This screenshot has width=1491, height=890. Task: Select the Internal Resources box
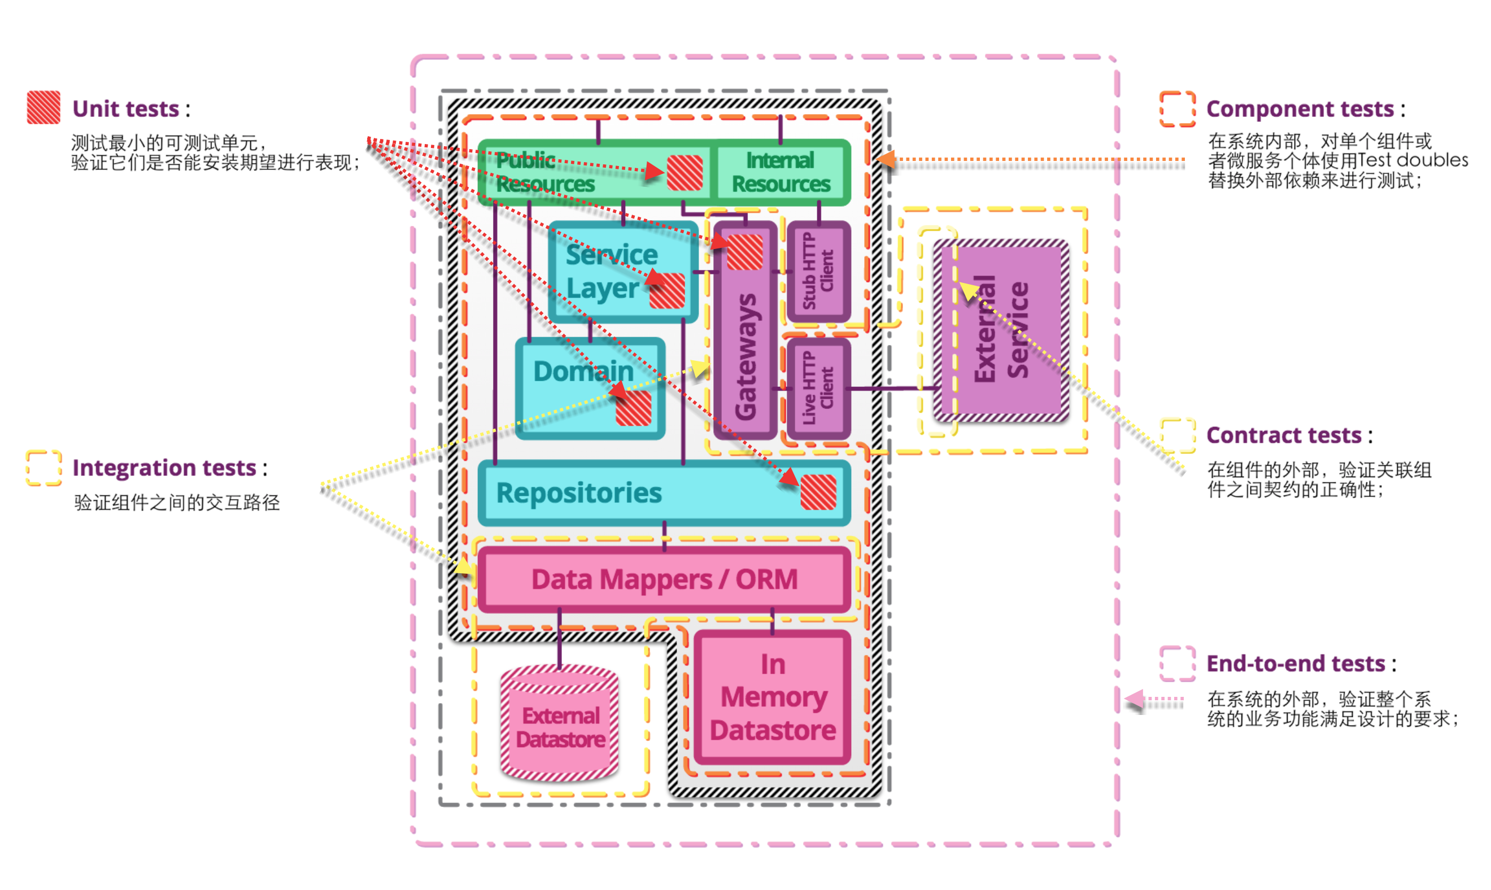pyautogui.click(x=781, y=173)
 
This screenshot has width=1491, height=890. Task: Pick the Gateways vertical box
pyautogui.click(x=745, y=354)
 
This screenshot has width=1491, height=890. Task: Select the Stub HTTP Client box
pyautogui.click(x=818, y=271)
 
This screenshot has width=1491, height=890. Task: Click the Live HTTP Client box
pyautogui.click(x=818, y=388)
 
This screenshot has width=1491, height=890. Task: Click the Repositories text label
pyautogui.click(x=579, y=493)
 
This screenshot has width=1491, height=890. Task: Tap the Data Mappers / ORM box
pyautogui.click(x=664, y=579)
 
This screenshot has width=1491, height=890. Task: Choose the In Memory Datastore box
pyautogui.click(x=773, y=697)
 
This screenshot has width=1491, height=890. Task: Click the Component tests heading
pyautogui.click(x=1300, y=109)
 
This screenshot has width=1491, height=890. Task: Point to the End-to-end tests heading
pyautogui.click(x=1296, y=664)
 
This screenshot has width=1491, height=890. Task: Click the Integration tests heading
pyautogui.click(x=164, y=468)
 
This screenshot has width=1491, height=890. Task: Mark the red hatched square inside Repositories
pyautogui.click(x=818, y=492)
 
